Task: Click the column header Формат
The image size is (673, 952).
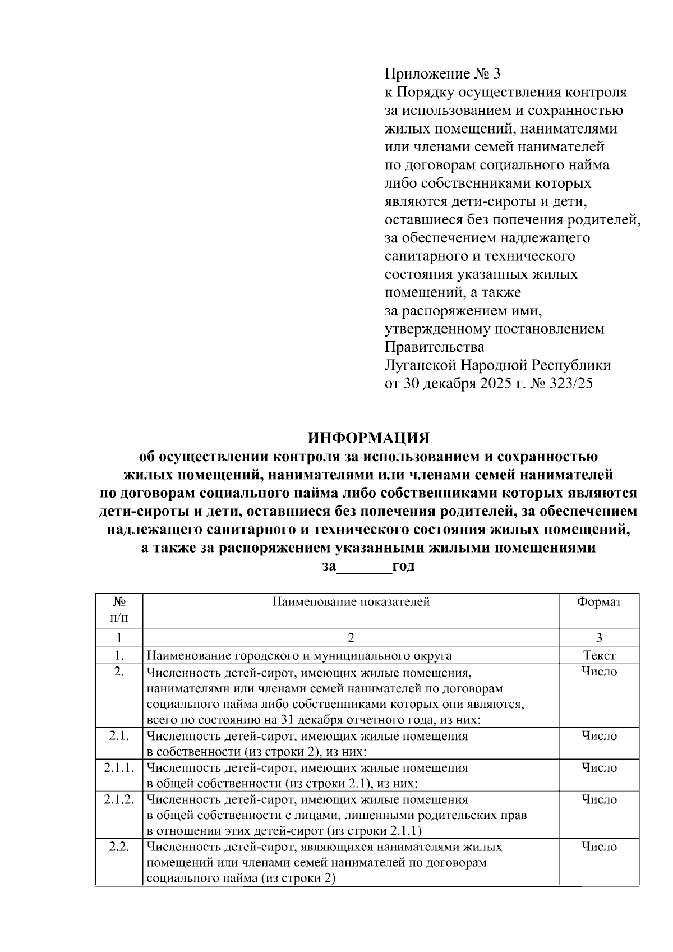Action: pyautogui.click(x=599, y=603)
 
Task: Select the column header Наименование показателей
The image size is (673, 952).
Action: pyautogui.click(x=351, y=603)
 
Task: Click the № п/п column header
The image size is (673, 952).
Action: pyautogui.click(x=119, y=610)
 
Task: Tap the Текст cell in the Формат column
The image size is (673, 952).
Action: pyautogui.click(x=599, y=655)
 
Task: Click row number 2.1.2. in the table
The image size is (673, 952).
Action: pyautogui.click(x=119, y=799)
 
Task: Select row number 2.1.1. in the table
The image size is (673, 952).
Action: pyautogui.click(x=119, y=767)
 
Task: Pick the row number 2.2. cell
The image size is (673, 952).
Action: pyautogui.click(x=119, y=847)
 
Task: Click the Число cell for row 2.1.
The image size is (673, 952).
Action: pyautogui.click(x=599, y=735)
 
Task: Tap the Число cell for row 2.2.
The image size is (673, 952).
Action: pyautogui.click(x=599, y=847)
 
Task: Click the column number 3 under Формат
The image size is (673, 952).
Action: pyautogui.click(x=599, y=637)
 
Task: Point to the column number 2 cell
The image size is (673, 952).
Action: pyautogui.click(x=351, y=637)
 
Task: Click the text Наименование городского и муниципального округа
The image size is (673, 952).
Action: pyautogui.click(x=299, y=655)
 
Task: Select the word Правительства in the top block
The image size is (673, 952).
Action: pyautogui.click(x=435, y=347)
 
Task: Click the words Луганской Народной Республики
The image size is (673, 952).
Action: pyautogui.click(x=497, y=365)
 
